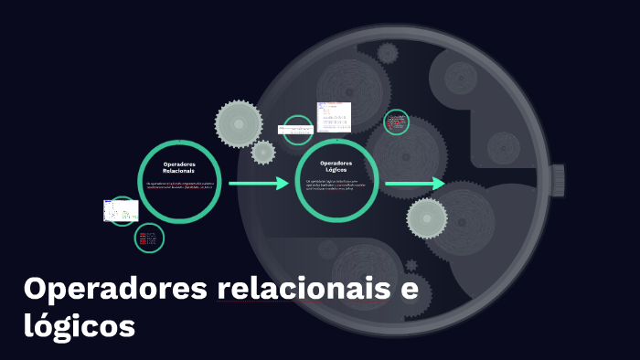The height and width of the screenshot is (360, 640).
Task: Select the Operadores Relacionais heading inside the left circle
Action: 178,167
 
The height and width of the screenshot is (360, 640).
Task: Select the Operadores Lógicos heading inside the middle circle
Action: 337,166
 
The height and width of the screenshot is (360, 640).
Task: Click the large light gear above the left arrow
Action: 239,122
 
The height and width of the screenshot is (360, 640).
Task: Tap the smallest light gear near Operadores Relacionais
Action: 263,152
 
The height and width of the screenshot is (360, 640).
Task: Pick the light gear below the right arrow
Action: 427,217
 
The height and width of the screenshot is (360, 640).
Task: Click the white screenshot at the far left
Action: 120,211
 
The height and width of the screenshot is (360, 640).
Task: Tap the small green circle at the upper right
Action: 396,122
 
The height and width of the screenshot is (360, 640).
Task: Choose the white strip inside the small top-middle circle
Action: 298,129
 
